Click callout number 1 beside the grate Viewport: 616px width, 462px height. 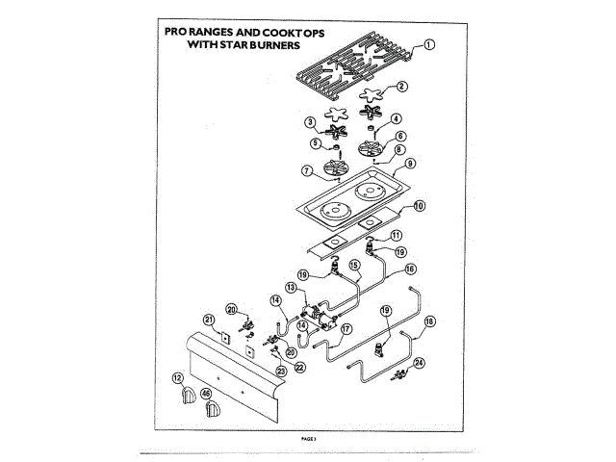pos(428,44)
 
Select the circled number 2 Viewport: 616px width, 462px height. pos(401,86)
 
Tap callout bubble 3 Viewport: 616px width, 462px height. pos(310,122)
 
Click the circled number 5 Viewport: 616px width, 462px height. pos(315,143)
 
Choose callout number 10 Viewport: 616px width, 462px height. pos(419,206)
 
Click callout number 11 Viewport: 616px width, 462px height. pos(396,235)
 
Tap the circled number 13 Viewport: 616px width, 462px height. pos(289,287)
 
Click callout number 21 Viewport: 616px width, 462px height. pos(207,320)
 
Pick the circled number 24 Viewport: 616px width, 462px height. pos(419,363)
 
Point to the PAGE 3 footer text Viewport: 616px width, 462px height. pos(308,437)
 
